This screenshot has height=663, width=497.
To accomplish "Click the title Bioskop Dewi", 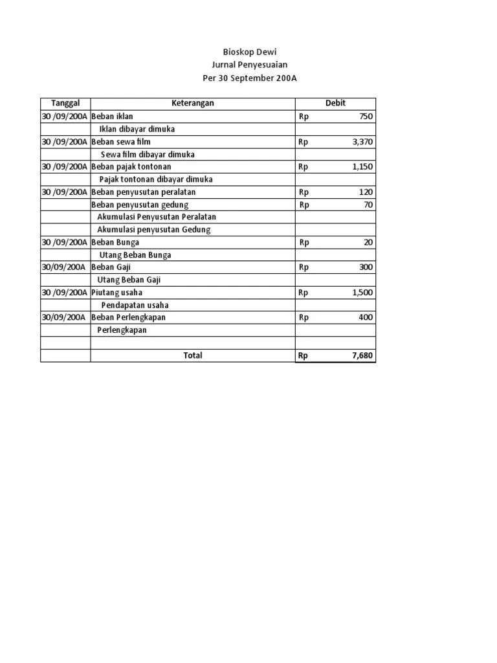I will tap(249, 52).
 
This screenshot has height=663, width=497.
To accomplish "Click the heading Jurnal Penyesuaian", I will tap(249, 65).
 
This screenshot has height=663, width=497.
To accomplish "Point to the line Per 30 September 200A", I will tap(249, 78).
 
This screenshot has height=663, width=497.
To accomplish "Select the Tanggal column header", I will tap(65, 103).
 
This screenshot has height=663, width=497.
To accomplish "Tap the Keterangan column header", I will tap(192, 103).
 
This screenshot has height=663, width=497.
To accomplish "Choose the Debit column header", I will tap(335, 103).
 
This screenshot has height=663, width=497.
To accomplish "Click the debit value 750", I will tap(366, 117).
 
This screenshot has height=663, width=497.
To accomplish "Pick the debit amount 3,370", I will tap(362, 142).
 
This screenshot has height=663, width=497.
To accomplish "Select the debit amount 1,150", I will tap(362, 166).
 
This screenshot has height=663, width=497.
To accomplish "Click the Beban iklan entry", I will tap(113, 117).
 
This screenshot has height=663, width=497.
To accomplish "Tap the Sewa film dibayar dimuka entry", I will tap(148, 155).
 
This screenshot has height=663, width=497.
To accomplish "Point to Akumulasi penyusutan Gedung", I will tap(153, 230).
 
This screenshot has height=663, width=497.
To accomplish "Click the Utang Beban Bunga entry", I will tap(135, 255).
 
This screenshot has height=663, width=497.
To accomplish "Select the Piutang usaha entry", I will tap(117, 293).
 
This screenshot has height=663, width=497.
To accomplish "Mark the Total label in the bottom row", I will tap(192, 355).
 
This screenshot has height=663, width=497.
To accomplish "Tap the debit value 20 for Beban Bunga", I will tap(368, 243).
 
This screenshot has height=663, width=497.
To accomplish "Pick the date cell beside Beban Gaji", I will tap(65, 267).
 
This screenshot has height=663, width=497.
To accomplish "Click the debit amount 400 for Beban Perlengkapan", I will tap(366, 318).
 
